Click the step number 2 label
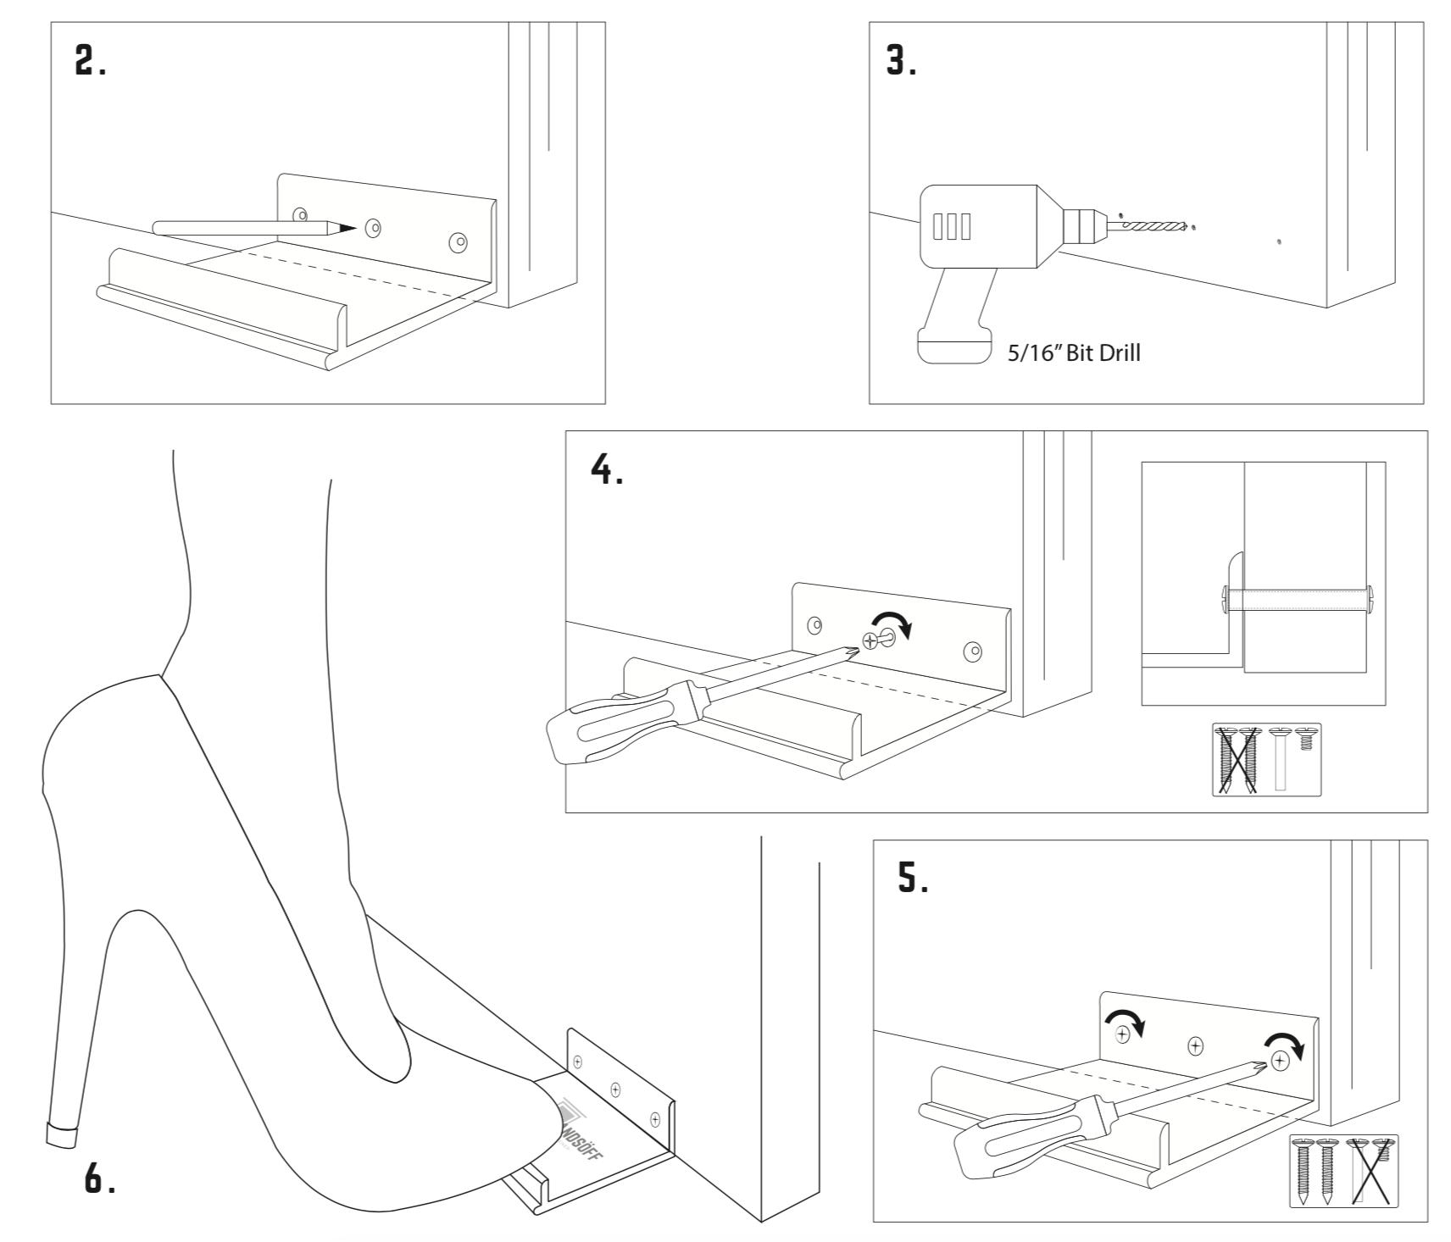click(x=90, y=61)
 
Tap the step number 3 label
click(x=901, y=61)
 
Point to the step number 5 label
click(x=913, y=879)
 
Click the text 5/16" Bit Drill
click(x=1073, y=353)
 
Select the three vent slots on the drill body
click(x=951, y=226)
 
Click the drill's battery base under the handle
click(x=954, y=347)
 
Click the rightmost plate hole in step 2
click(x=458, y=242)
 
